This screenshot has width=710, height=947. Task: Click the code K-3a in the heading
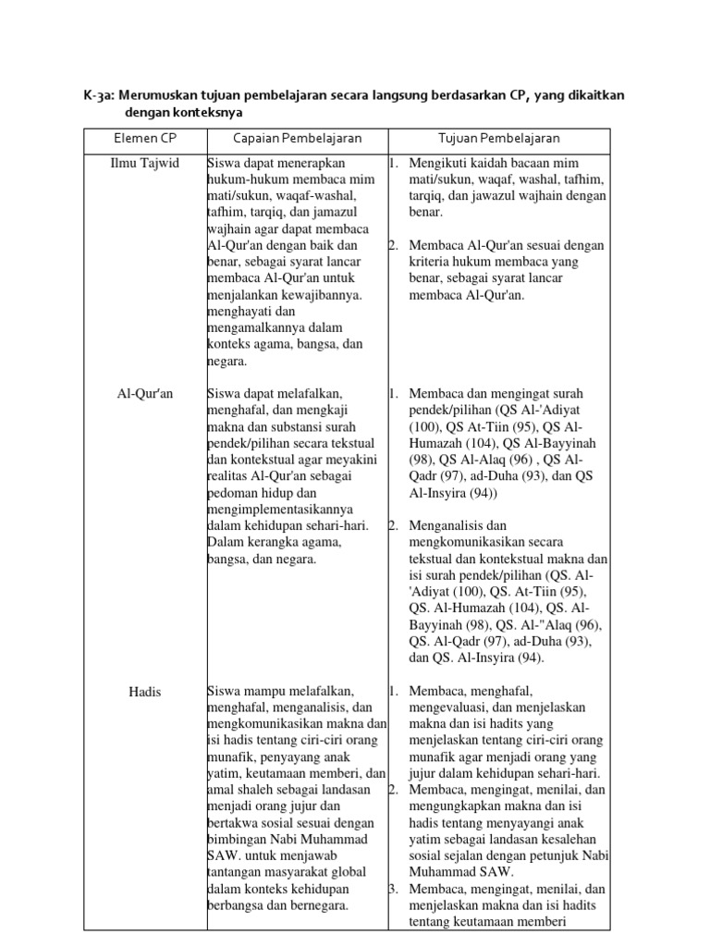[96, 97]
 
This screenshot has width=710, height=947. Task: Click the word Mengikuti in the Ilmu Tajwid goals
[435, 163]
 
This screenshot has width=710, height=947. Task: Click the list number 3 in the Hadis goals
[392, 889]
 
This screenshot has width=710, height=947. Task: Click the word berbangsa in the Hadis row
[236, 905]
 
